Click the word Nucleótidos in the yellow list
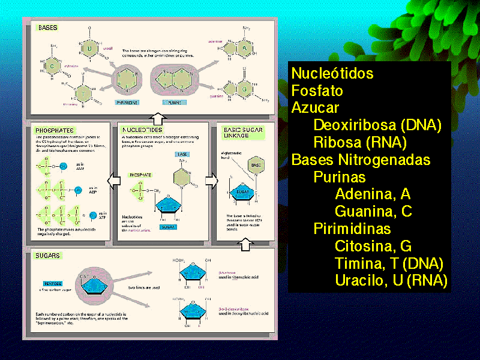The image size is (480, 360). [x=332, y=73]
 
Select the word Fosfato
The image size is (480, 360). [x=317, y=91]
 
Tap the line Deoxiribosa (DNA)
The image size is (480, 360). [x=377, y=125]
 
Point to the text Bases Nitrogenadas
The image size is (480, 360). [x=361, y=160]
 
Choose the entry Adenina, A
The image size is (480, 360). [x=373, y=194]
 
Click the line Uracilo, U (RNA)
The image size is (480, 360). [x=391, y=280]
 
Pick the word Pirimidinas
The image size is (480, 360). [x=352, y=229]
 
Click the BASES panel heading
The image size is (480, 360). [x=47, y=28]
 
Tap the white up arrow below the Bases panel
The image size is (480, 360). [x=157, y=116]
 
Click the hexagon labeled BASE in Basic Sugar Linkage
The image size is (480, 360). [x=255, y=165]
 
